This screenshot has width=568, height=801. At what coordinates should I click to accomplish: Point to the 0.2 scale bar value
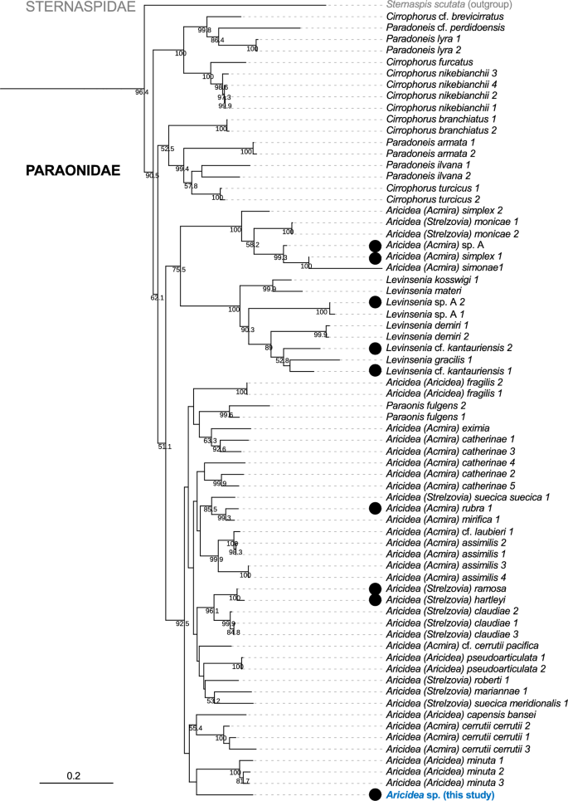[x=73, y=775]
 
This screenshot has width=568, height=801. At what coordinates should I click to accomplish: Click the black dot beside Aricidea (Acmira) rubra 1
[x=376, y=507]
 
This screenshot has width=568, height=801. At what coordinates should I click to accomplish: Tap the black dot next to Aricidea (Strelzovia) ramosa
[x=376, y=587]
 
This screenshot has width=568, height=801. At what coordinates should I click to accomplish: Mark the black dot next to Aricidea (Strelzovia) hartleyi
[x=376, y=598]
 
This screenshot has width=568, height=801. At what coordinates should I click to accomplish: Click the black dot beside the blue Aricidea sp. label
[x=376, y=794]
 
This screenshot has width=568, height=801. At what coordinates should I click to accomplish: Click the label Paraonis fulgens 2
[x=421, y=404]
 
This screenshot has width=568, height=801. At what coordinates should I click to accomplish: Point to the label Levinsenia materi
[x=422, y=290]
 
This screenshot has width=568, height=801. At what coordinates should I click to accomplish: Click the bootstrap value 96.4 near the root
[x=142, y=92]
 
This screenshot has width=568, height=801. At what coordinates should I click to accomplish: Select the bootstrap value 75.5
[x=179, y=270]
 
